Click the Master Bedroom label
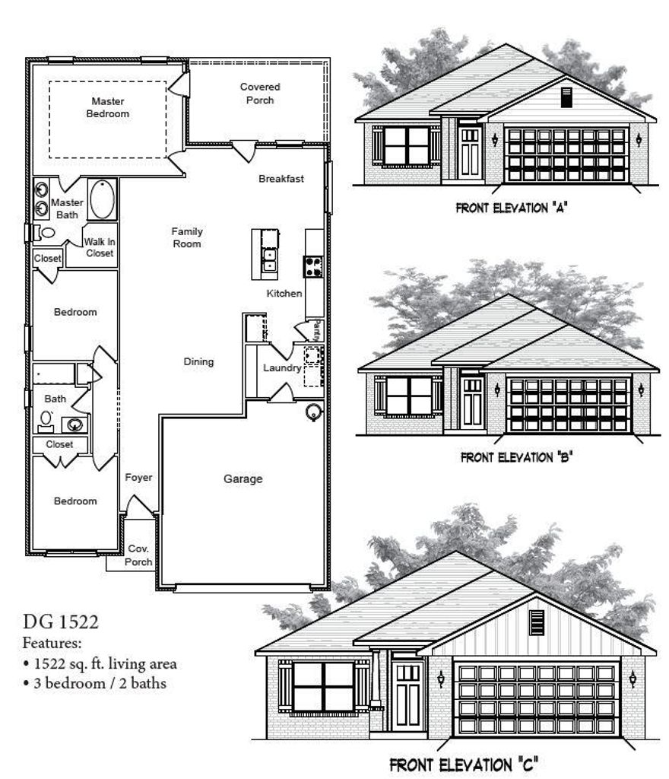(109, 107)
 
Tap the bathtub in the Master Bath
(102, 199)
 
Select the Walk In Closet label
(99, 247)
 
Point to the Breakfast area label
(281, 179)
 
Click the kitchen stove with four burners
(313, 265)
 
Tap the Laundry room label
(282, 368)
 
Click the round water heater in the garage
(312, 412)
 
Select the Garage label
(243, 479)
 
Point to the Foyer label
(138, 478)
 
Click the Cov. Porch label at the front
(139, 555)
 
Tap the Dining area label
(198, 362)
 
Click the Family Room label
(186, 237)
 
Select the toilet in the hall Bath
(46, 418)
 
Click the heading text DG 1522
(60, 622)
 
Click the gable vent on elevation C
(537, 622)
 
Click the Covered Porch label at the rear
(260, 94)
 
